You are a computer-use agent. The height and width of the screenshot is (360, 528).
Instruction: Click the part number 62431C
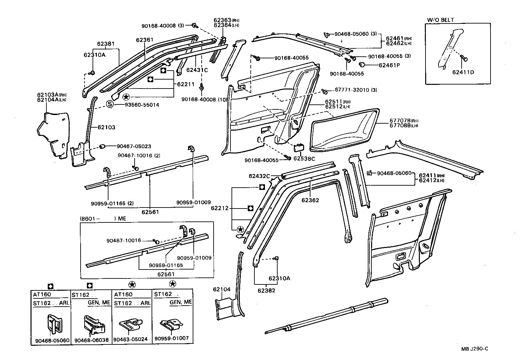(197, 70)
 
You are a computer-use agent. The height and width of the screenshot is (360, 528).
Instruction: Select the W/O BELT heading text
(440, 20)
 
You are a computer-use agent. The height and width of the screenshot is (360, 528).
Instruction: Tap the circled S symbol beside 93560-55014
(110, 104)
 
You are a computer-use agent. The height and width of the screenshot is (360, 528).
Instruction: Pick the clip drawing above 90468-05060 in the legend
(53, 323)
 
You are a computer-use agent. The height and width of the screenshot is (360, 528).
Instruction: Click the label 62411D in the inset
(463, 72)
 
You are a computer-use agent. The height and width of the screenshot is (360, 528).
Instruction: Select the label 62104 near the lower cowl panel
(222, 289)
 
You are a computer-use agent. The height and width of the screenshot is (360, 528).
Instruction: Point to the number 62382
(266, 290)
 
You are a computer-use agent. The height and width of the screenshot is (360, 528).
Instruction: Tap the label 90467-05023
(134, 146)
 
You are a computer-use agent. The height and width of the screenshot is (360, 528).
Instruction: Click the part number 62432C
(259, 176)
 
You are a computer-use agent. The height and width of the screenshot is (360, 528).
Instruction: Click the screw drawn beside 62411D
(465, 59)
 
